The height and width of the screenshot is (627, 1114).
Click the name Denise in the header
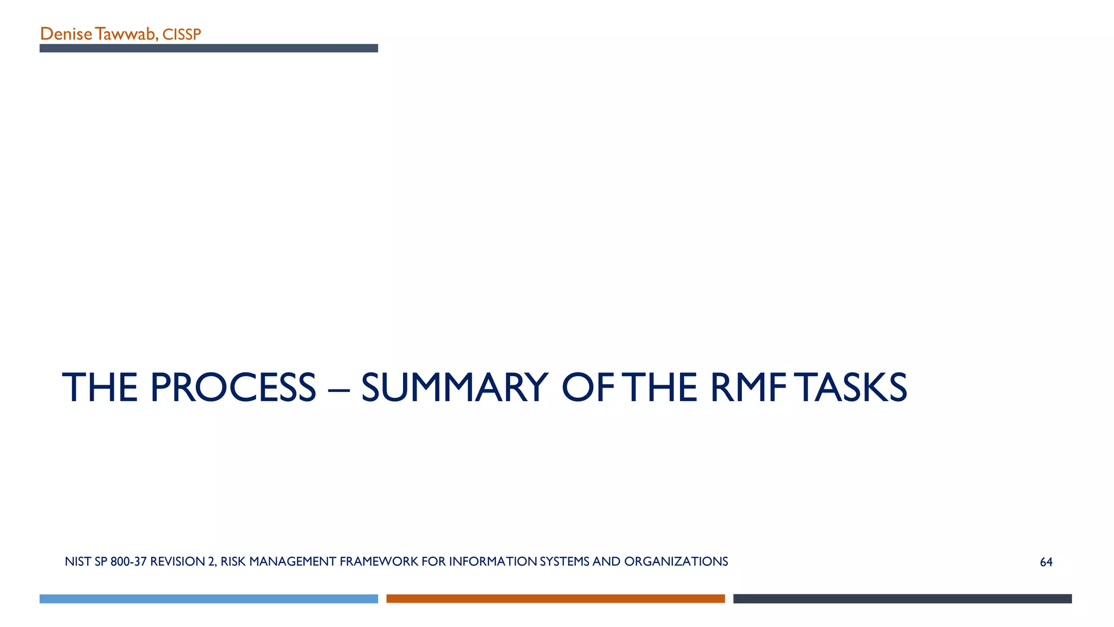point(66,34)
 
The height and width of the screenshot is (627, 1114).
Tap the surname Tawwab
point(126,34)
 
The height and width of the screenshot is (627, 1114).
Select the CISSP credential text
point(182,35)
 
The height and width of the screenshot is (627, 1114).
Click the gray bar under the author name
point(208,48)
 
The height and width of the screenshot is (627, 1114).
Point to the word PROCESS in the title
point(233,388)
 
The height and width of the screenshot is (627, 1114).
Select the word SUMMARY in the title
point(455,388)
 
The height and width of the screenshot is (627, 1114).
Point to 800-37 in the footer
point(128,562)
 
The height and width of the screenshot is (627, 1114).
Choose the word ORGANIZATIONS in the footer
point(676,562)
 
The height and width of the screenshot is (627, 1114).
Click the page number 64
point(1046,562)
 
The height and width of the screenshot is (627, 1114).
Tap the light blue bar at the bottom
point(208,599)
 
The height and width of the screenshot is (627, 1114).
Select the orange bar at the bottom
point(555,599)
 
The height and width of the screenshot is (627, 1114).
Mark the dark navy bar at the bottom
point(902,599)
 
